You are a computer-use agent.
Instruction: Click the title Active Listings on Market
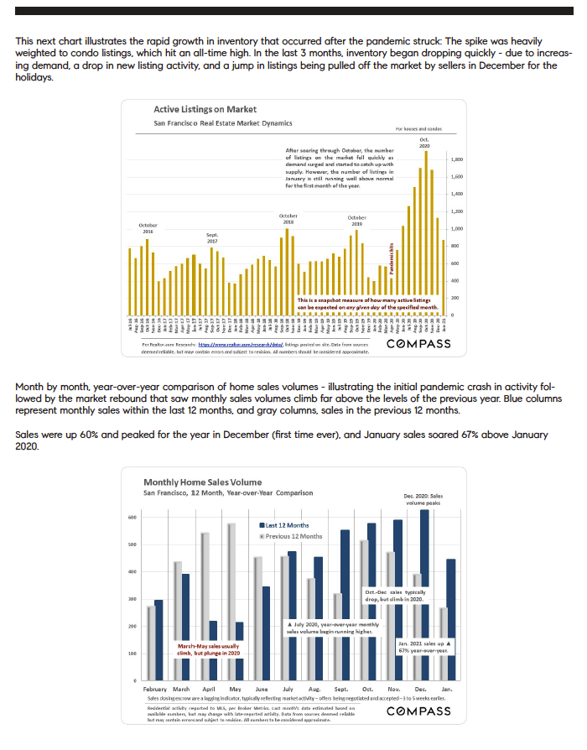click(x=205, y=110)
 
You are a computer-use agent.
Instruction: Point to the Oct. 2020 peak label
click(x=425, y=143)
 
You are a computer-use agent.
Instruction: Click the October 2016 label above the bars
click(x=148, y=227)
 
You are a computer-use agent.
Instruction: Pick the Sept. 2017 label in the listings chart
click(x=212, y=237)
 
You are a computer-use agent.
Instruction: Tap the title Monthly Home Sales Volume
click(x=203, y=482)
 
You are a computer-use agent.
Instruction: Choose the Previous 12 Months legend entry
click(x=291, y=536)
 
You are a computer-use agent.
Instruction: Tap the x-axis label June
click(x=260, y=689)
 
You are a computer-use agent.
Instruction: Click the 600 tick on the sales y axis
click(x=131, y=518)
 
